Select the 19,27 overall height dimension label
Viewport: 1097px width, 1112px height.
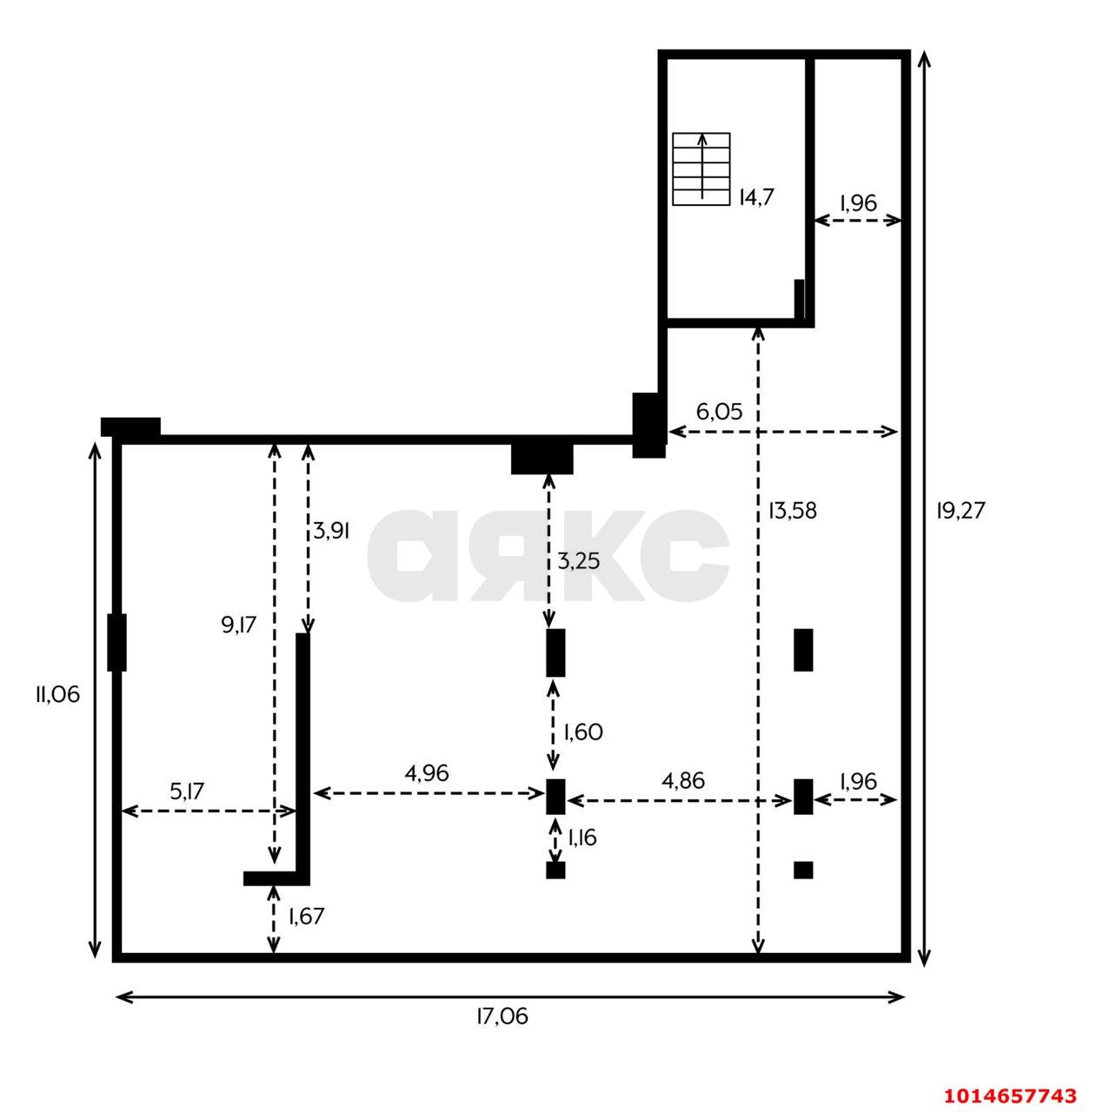(x=960, y=510)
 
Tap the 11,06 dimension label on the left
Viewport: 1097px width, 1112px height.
(x=57, y=695)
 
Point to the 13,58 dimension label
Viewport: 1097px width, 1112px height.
(x=792, y=511)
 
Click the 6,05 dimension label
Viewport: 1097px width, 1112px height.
(x=719, y=412)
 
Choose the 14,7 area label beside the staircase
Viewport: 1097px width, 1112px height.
(x=756, y=197)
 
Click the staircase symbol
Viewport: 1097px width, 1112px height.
(x=701, y=169)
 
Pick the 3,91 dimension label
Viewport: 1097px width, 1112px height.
(x=331, y=531)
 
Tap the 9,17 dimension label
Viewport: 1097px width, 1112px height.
(x=238, y=625)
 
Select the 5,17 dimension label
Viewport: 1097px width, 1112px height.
(x=187, y=791)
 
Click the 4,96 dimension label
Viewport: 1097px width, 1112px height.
(x=426, y=773)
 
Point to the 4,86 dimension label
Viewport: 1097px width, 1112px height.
(x=683, y=781)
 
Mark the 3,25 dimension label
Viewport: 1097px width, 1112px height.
(x=578, y=561)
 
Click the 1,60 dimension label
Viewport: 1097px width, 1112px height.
(x=583, y=732)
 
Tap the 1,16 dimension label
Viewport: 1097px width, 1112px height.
(x=582, y=837)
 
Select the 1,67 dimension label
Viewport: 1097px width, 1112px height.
(x=306, y=916)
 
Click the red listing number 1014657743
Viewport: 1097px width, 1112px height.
(x=1010, y=1095)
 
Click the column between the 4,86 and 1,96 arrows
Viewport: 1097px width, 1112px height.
(x=803, y=797)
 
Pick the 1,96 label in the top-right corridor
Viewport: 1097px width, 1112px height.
(x=858, y=202)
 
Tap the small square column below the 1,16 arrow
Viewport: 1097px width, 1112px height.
(x=555, y=870)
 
